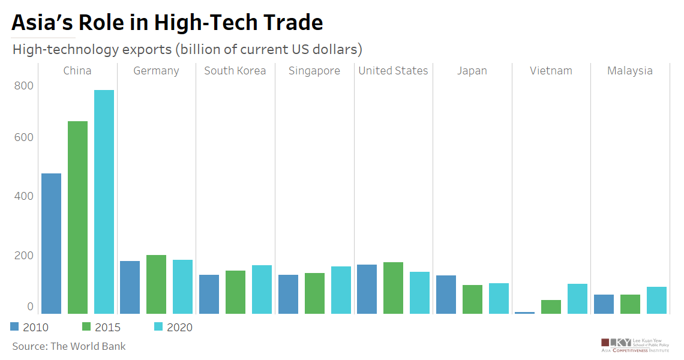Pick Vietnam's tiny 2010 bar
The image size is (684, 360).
click(x=524, y=313)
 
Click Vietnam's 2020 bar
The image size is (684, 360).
click(x=577, y=298)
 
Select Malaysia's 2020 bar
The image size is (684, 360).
click(x=656, y=300)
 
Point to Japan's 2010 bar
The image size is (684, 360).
click(x=446, y=294)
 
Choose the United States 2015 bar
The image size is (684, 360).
click(x=393, y=287)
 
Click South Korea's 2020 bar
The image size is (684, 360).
click(x=262, y=289)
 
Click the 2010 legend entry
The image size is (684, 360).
click(x=30, y=327)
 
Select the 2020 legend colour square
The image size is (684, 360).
click(x=159, y=326)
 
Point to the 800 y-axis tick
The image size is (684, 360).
click(x=24, y=85)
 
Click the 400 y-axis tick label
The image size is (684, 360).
click(x=24, y=196)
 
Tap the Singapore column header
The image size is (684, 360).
click(x=314, y=71)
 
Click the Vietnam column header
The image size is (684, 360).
click(x=551, y=71)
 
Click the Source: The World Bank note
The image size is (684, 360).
click(x=69, y=346)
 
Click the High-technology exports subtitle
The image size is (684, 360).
click(x=187, y=49)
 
